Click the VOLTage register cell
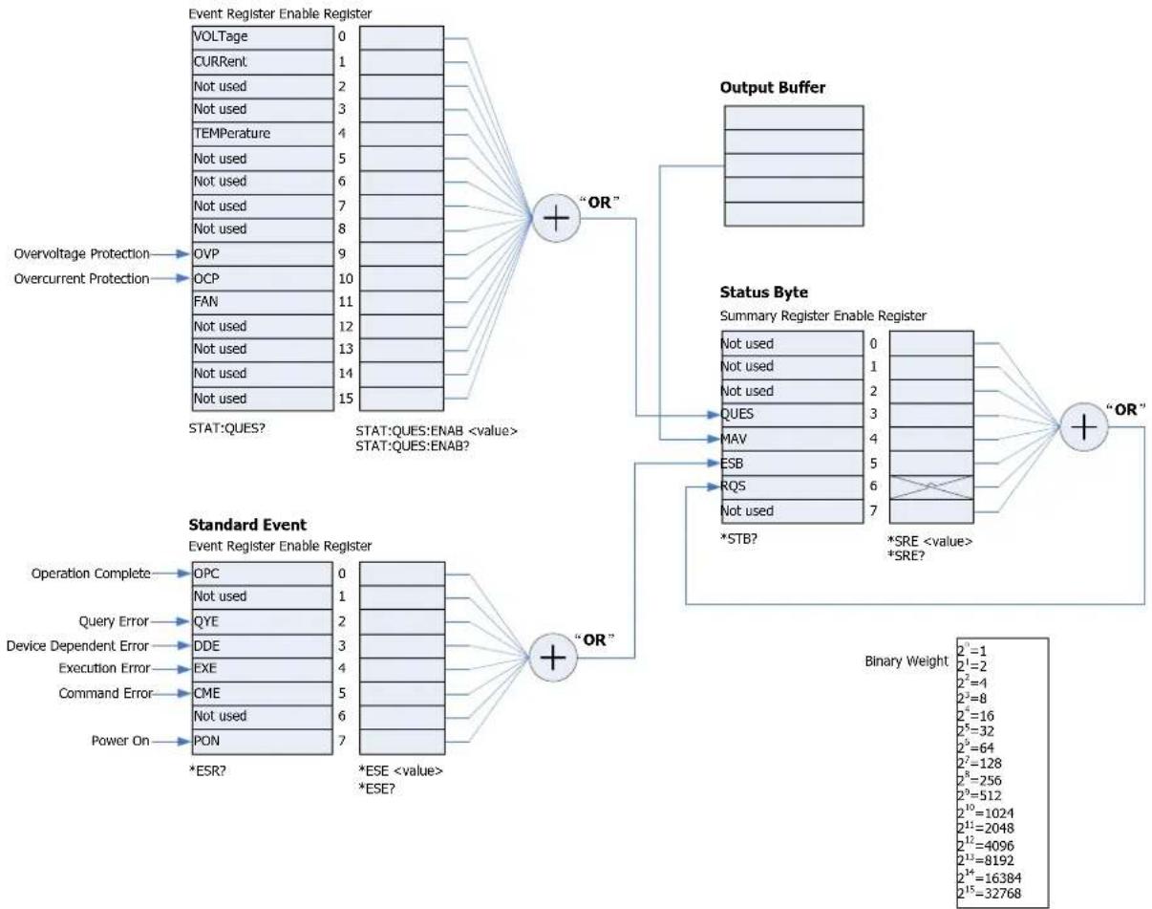[x=263, y=37]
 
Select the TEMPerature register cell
[x=263, y=134]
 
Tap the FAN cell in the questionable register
[x=263, y=302]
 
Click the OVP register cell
[x=263, y=254]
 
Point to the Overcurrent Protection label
[x=81, y=278]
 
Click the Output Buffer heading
[x=773, y=87]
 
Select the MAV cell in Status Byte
[x=792, y=440]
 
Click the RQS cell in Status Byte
[x=792, y=487]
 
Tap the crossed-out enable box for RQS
[x=931, y=487]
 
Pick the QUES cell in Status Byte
[x=792, y=415]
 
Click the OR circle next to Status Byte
[x=1084, y=427]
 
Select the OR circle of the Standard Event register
[x=553, y=658]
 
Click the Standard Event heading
[x=247, y=525]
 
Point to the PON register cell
[x=263, y=742]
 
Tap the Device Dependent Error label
[x=77, y=646]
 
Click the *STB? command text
[x=738, y=539]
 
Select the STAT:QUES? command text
[x=227, y=428]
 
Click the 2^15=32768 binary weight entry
[x=990, y=893]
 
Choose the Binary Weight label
[x=907, y=661]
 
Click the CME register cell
[x=263, y=694]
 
